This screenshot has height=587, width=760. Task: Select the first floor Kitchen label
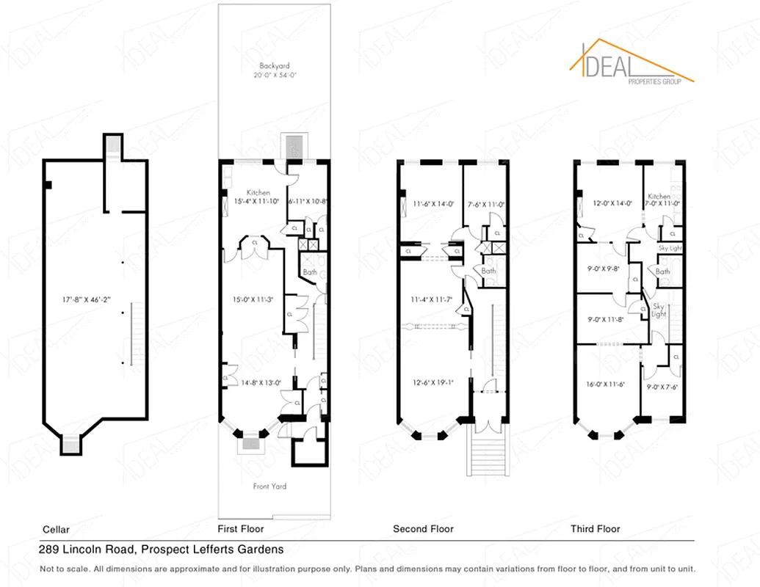pos(258,192)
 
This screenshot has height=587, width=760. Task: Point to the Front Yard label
pos(269,486)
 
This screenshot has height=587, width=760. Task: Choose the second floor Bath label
pos(488,271)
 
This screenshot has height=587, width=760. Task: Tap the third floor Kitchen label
pos(659,197)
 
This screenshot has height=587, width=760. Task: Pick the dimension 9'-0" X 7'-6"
pos(662,387)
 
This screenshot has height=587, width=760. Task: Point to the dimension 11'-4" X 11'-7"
pos(433,299)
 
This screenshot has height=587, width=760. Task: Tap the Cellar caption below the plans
pos(57,528)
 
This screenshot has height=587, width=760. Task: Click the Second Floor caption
pos(423,528)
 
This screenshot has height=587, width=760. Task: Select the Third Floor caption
pos(595,528)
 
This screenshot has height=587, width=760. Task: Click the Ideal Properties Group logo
pos(632,64)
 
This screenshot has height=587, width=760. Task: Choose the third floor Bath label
pos(663,271)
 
